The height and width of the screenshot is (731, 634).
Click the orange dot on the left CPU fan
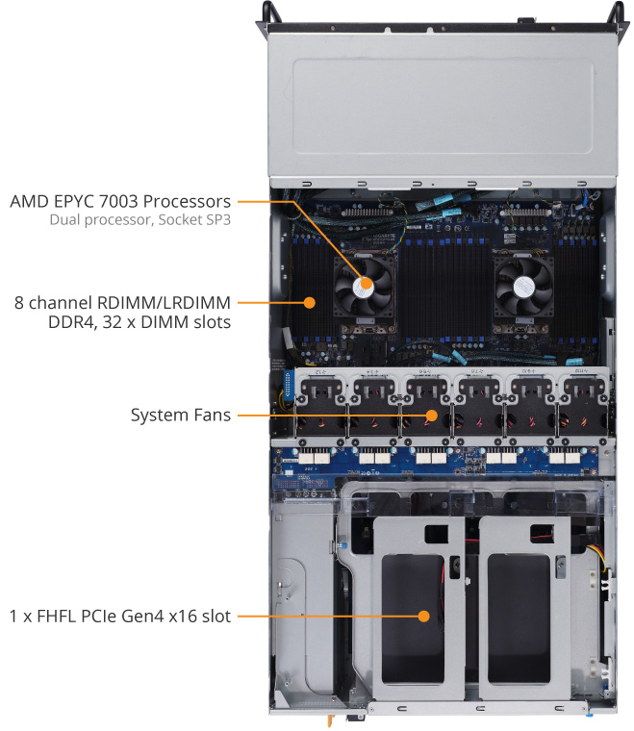click(x=367, y=283)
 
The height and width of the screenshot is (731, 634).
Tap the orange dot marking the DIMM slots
click(x=309, y=303)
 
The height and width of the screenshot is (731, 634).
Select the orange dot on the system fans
click(x=432, y=415)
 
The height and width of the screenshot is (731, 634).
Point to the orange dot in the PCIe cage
click(x=423, y=616)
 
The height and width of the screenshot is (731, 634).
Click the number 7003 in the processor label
click(x=118, y=201)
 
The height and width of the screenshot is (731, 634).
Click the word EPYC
click(x=74, y=201)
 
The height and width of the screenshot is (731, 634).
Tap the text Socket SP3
click(x=194, y=219)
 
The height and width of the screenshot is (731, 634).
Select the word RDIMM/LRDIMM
click(x=164, y=303)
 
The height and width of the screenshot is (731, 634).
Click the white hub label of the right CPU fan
click(x=524, y=286)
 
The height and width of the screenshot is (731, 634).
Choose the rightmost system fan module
click(x=584, y=406)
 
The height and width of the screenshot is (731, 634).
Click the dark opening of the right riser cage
click(x=519, y=618)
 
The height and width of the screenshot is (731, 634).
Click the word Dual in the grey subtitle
click(x=63, y=219)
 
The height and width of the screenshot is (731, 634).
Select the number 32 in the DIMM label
click(x=112, y=322)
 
